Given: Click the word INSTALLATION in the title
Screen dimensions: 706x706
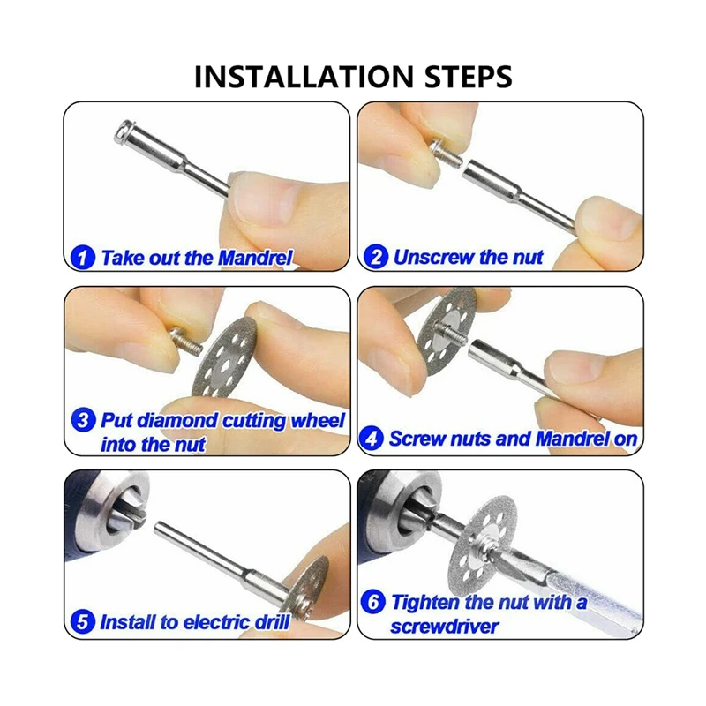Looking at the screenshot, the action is point(303,77).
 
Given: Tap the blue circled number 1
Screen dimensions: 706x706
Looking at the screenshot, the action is point(83,258).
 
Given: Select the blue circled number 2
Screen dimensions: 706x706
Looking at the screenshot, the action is point(376,257).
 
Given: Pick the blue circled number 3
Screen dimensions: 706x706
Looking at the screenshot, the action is point(83,420).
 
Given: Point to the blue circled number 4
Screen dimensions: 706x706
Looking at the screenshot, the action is point(372,438).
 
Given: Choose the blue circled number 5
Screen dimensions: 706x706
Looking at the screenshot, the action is point(83,622).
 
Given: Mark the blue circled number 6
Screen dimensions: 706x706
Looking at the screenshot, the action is point(373,602).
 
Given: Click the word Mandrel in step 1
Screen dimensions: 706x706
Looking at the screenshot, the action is point(255,258).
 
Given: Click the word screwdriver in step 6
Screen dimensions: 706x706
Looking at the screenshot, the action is point(445,627).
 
